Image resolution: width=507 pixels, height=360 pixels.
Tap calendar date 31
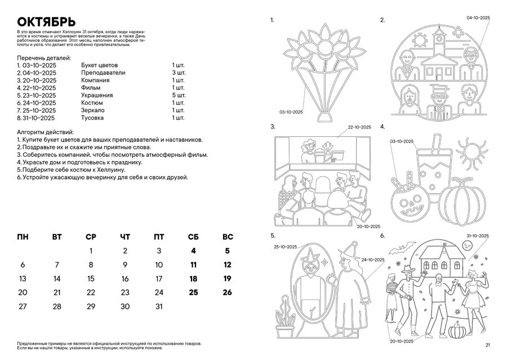159,307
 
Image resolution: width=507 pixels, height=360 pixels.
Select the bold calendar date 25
193,292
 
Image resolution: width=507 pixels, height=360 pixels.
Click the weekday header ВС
228,237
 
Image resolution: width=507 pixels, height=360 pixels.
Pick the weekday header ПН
23,237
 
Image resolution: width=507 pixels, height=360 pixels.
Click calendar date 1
91,251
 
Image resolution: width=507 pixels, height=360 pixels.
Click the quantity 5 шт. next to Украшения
179,95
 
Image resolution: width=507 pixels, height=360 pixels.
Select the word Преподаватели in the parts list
103,73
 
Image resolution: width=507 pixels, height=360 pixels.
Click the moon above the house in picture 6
468,246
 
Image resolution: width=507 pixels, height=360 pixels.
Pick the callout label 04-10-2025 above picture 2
478,18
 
